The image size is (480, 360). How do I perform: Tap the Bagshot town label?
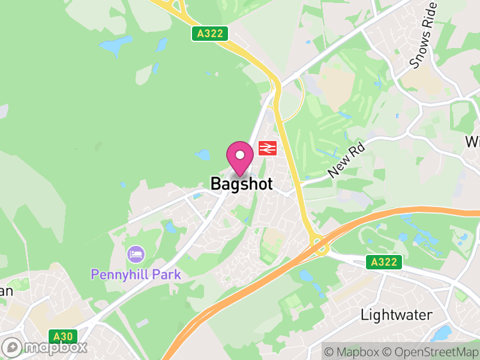[x=241, y=184]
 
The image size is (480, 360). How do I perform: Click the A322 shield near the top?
[x=211, y=34]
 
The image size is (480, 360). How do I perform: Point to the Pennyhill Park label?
[x=136, y=274]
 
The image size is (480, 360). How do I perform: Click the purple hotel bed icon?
[x=136, y=254]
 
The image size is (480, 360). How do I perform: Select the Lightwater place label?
[x=396, y=314]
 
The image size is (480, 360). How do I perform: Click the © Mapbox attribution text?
[x=353, y=352]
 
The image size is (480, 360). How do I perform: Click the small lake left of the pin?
[x=203, y=155]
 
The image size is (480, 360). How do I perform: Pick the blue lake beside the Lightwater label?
[x=443, y=332]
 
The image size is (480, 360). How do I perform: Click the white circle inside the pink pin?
[x=240, y=155]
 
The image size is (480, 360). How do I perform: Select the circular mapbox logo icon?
[x=12, y=347]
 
